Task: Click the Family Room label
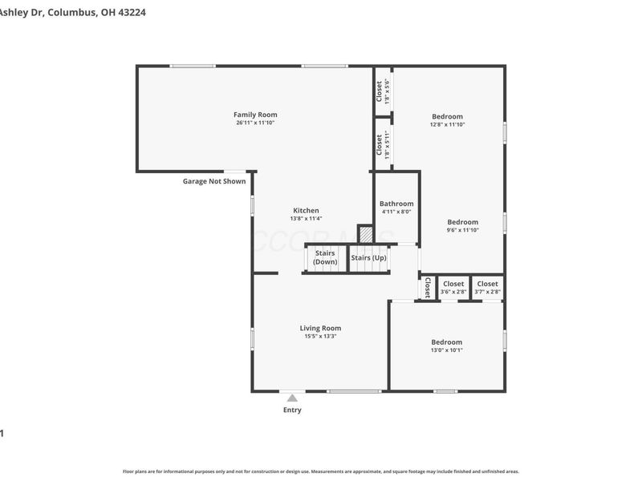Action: point(255,115)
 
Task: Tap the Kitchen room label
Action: point(305,210)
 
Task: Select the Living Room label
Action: point(320,328)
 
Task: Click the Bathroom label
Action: point(396,204)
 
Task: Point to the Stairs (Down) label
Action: point(325,257)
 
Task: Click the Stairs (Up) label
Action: point(368,257)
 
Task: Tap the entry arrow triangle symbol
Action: point(292,398)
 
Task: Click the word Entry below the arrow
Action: point(292,410)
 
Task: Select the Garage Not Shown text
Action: point(214,181)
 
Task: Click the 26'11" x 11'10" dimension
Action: point(255,123)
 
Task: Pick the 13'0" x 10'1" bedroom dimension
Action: point(446,350)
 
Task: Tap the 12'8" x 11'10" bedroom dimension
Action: point(447,124)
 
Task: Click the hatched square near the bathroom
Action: point(366,234)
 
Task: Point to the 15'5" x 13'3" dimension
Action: point(320,337)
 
